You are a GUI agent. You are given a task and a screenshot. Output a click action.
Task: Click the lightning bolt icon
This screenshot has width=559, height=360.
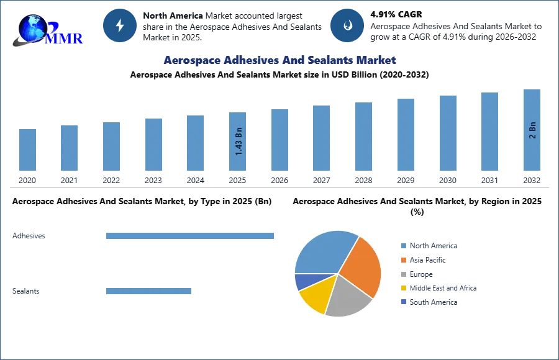click(120, 25)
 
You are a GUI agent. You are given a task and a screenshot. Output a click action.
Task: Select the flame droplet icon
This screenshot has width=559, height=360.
click(347, 25)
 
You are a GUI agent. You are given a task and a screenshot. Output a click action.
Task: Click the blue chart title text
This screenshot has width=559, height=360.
click(279, 61)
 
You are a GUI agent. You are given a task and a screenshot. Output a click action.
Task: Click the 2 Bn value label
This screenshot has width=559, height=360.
click(532, 130)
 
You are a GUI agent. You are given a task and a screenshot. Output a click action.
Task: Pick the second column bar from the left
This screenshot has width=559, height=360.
click(70, 148)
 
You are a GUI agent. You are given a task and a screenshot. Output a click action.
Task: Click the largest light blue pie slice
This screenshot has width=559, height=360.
click(323, 251)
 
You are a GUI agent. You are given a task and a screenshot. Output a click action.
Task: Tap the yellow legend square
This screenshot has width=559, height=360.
click(402, 289)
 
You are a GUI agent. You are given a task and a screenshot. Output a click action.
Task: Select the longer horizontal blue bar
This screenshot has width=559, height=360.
click(191, 236)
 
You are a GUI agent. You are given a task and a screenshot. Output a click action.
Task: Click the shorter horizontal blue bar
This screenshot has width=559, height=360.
click(149, 292)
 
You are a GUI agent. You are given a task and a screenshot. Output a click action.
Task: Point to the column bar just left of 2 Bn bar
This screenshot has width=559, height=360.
click(489, 131)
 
